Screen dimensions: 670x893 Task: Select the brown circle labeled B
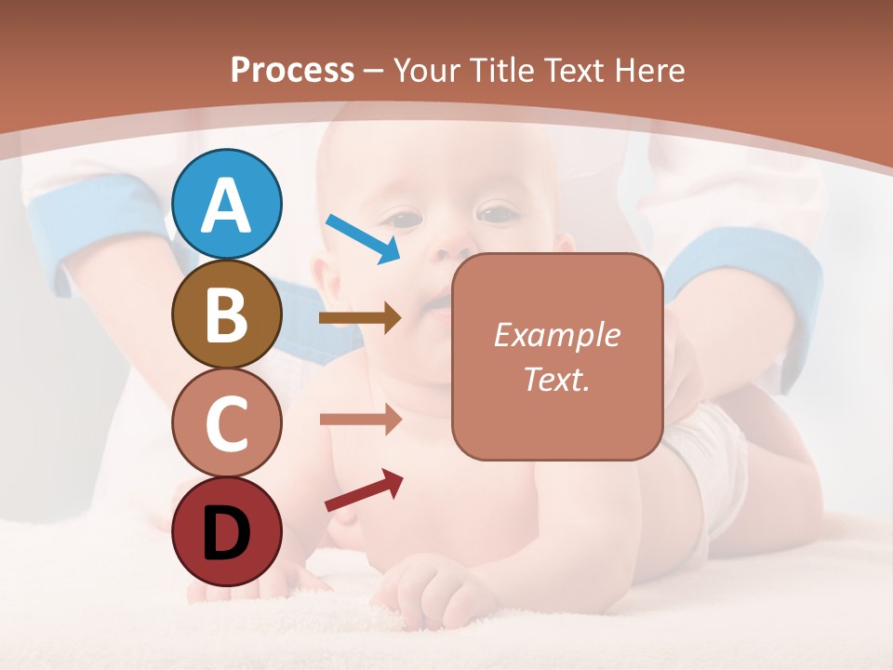(227, 314)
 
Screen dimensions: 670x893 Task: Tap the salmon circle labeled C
(227, 422)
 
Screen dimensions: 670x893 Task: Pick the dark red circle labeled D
(227, 531)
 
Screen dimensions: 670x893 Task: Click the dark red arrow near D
(364, 490)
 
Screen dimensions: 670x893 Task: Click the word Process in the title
(292, 71)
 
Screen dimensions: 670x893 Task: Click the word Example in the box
(556, 335)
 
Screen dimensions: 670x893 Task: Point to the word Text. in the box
(556, 379)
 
